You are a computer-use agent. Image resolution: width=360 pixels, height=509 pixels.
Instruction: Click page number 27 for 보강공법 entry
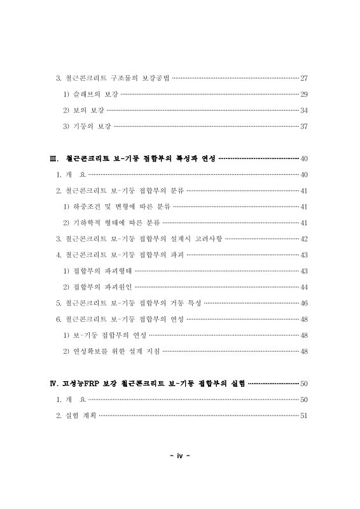(303, 78)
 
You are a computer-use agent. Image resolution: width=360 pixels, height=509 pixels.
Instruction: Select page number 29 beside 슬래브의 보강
(303, 94)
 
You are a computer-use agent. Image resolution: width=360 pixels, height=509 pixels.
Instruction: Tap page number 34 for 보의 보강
(303, 110)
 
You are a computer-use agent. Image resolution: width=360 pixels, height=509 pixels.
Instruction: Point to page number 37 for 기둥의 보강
(303, 126)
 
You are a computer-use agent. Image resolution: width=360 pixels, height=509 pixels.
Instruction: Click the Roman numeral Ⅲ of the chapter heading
(54, 158)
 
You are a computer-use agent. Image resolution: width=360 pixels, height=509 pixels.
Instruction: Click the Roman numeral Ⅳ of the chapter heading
(54, 384)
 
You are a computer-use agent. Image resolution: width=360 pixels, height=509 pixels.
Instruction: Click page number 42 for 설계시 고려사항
(303, 239)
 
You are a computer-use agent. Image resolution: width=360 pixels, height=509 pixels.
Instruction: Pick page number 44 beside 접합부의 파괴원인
(303, 287)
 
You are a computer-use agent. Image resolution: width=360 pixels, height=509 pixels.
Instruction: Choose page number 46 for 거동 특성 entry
(303, 303)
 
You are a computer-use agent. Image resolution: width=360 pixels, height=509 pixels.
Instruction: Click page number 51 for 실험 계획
(303, 415)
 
